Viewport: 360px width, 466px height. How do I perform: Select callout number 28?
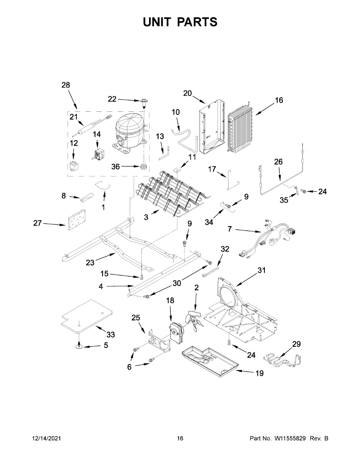click(x=66, y=85)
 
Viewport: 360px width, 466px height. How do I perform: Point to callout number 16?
click(x=279, y=100)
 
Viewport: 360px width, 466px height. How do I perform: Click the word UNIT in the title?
click(x=157, y=22)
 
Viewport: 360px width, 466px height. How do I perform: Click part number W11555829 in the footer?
click(x=291, y=438)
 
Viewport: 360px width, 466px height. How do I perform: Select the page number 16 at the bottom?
click(x=180, y=438)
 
